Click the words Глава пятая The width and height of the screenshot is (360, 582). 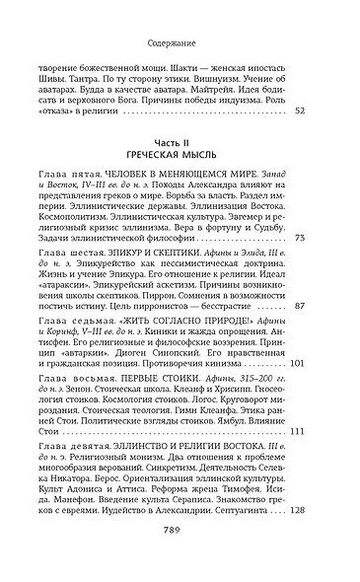point(90,200)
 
